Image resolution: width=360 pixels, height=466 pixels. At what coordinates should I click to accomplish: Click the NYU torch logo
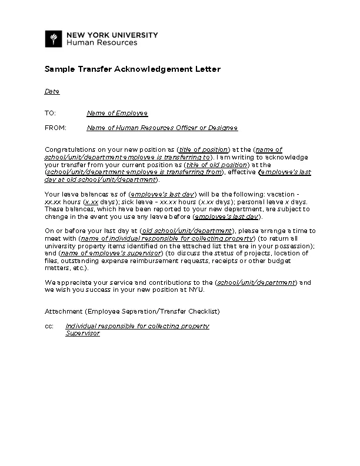click(x=54, y=39)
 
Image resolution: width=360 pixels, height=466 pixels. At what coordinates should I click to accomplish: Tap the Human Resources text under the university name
click(x=101, y=43)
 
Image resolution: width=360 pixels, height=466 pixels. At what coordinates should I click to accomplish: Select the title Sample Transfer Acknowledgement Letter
click(x=132, y=69)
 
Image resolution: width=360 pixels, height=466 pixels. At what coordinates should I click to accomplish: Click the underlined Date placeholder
click(x=52, y=92)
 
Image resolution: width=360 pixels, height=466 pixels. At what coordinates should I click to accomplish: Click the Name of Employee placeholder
click(x=117, y=113)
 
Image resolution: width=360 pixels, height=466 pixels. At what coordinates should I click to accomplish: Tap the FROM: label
click(x=55, y=128)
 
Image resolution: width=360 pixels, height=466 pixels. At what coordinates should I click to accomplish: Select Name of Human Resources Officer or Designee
click(x=162, y=128)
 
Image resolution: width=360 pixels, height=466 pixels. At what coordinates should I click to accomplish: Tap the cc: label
click(x=49, y=326)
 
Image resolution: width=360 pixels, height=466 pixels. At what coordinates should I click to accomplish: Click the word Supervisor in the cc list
click(x=82, y=333)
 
